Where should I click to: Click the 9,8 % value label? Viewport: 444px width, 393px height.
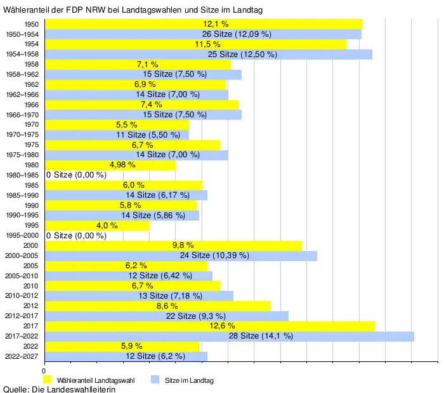(x=183, y=245)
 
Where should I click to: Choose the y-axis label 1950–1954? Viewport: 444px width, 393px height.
(x=22, y=34)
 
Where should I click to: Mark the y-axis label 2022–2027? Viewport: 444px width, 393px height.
(x=22, y=356)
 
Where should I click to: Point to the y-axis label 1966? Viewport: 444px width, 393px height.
(x=30, y=104)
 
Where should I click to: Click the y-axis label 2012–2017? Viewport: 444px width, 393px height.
(x=22, y=316)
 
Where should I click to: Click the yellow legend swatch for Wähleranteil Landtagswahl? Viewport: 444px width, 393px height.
(x=47, y=380)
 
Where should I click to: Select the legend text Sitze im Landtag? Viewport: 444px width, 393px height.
(x=190, y=380)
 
